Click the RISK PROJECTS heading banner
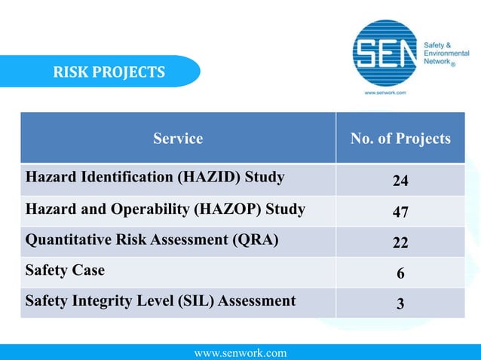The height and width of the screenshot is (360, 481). [109, 72]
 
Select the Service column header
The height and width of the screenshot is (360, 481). [178, 139]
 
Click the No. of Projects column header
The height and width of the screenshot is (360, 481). [400, 139]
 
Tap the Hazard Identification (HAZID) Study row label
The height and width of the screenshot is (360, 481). [155, 178]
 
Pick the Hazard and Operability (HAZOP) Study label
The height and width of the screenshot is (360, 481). [165, 209]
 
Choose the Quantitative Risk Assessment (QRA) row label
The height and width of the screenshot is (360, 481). [152, 240]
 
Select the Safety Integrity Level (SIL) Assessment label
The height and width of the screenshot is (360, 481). [161, 301]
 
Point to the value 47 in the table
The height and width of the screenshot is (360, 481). [400, 212]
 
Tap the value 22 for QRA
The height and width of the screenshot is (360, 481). [400, 243]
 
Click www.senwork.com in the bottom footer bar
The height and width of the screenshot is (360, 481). [240, 352]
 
